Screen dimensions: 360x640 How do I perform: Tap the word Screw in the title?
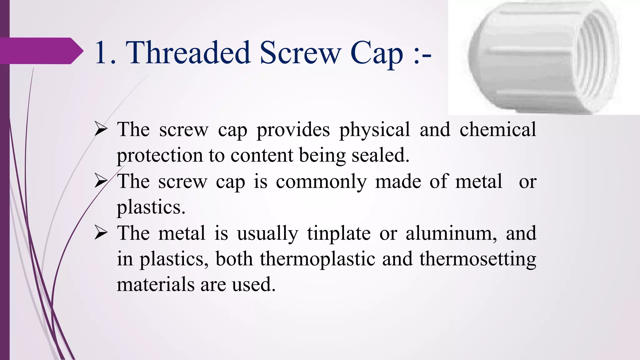(300, 52)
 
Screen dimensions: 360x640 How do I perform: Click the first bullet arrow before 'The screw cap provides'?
(101, 129)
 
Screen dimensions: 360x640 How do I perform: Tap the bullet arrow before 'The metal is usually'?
(101, 233)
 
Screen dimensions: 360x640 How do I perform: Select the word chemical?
(498, 129)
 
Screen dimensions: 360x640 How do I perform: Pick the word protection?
(159, 156)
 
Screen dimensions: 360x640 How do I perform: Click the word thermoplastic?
(317, 259)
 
